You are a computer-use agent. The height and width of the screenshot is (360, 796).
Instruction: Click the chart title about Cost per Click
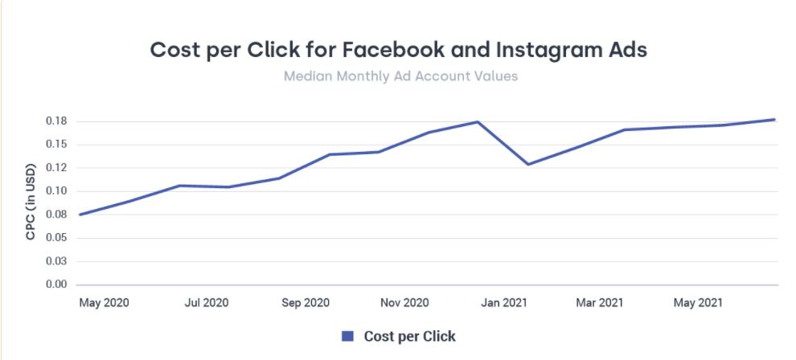coord(398,49)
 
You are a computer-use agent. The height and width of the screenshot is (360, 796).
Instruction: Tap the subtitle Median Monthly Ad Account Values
coord(400,77)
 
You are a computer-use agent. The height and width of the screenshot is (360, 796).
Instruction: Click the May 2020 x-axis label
coord(104,303)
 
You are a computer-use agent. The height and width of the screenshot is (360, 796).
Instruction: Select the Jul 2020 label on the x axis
coord(206,303)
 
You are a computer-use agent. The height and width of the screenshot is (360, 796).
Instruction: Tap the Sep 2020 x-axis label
coord(306,303)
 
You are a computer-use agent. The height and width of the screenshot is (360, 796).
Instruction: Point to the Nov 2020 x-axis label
coord(404,303)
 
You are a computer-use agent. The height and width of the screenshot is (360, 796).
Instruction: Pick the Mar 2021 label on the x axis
coord(599,303)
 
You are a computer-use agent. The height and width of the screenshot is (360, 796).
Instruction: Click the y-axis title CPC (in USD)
coord(30,203)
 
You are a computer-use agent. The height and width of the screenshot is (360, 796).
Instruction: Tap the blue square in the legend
coord(347,336)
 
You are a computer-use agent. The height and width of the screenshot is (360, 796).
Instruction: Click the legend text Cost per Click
coord(409,336)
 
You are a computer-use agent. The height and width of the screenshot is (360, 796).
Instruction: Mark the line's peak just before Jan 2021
coord(478,122)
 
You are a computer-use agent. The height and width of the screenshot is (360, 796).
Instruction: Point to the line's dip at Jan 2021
coord(528,164)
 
